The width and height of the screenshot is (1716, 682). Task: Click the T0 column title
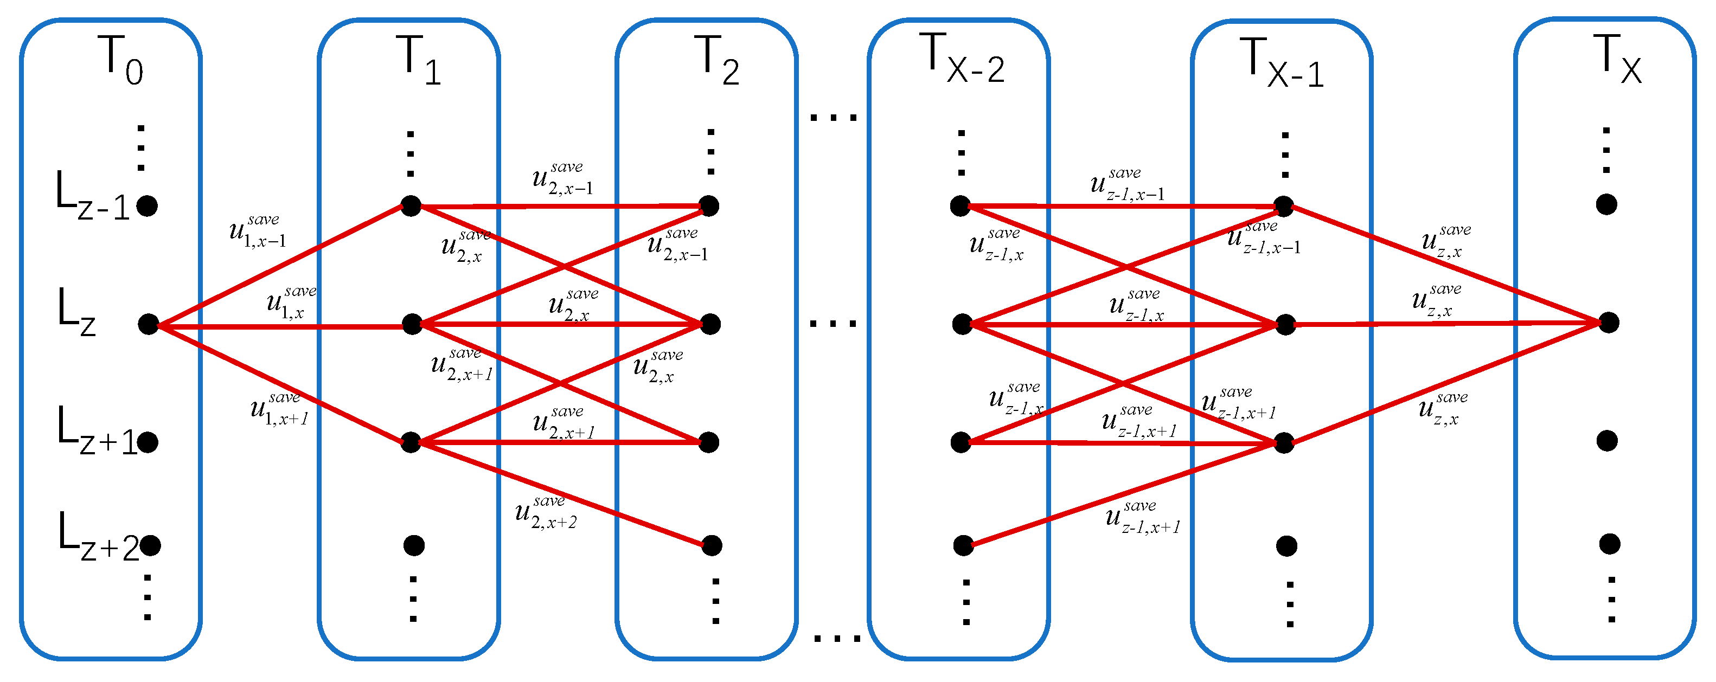[x=120, y=60]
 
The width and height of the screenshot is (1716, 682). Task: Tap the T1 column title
[x=418, y=60]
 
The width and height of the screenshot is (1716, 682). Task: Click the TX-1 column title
[x=1281, y=62]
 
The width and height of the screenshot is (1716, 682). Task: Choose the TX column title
[x=1617, y=59]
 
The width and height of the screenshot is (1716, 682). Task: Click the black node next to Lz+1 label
[x=147, y=442]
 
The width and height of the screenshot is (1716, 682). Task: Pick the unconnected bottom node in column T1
[x=414, y=545]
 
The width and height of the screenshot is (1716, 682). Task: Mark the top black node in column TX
[x=1607, y=204]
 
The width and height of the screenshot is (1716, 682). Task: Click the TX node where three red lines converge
[x=1609, y=323]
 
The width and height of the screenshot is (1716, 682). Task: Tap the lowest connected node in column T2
[x=712, y=545]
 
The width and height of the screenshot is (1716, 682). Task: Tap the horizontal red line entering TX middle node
[x=1445, y=324]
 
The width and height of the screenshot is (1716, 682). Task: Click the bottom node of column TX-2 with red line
[x=963, y=545]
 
